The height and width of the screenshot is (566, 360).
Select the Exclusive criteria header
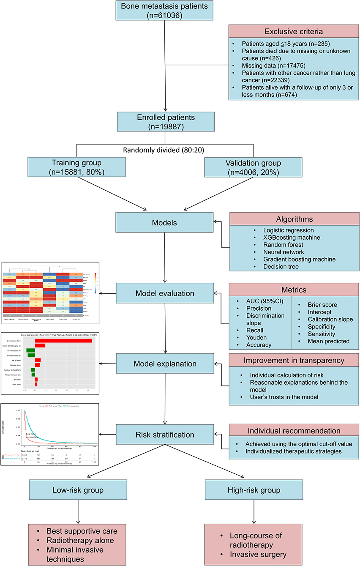294,31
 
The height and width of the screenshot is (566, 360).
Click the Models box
164,222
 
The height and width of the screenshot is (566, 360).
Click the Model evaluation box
164,293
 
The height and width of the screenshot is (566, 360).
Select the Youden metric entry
259,338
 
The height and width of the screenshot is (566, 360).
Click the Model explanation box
164,364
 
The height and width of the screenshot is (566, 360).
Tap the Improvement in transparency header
294,360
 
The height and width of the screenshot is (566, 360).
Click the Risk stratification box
164,435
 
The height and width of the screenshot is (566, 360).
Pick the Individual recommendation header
294,431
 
